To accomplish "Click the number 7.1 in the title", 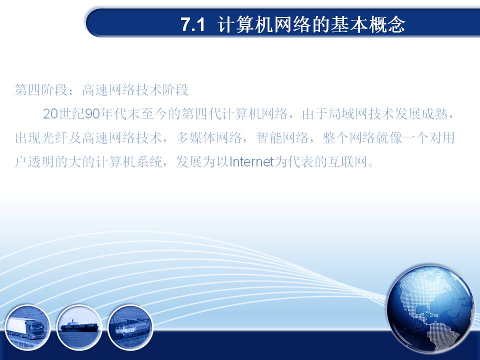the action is pos(192,24).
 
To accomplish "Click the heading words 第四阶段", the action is pos(41,90).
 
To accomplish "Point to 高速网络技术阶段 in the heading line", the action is pos(135,90).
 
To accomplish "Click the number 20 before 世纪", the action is pos(50,114).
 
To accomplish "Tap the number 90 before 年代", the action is pos(93,114).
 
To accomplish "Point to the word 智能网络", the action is pos(282,138).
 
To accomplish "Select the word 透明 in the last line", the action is pos(41,161).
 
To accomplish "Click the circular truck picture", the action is pos(27,327).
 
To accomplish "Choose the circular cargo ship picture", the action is pos(79,327).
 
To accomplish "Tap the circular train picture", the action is pos(130,327).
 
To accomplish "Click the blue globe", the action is pos(430,309).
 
